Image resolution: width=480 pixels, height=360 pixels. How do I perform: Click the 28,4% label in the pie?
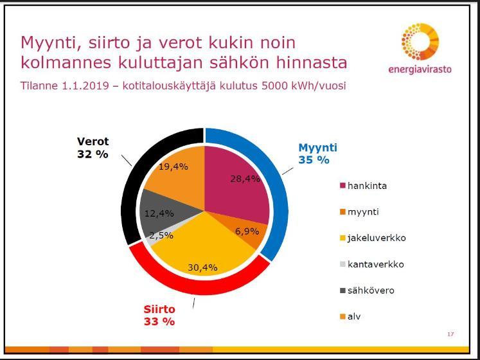pyautogui.click(x=245, y=179)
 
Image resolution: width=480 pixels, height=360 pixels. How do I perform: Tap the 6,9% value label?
pyautogui.click(x=247, y=231)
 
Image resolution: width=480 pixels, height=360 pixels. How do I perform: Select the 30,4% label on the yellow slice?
pyautogui.click(x=202, y=267)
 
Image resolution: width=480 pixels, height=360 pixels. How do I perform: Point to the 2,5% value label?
pyautogui.click(x=161, y=235)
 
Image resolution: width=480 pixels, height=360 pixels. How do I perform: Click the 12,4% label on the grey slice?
pyautogui.click(x=159, y=213)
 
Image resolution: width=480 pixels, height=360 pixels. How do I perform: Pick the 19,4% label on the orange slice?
pyautogui.click(x=173, y=166)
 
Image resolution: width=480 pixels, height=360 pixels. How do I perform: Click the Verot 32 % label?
pyautogui.click(x=93, y=148)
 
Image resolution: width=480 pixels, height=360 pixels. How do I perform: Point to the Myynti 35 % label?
pyautogui.click(x=318, y=154)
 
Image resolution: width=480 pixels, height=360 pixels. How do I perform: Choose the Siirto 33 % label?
pyautogui.click(x=159, y=316)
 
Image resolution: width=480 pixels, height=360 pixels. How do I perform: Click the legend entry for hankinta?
pyautogui.click(x=363, y=186)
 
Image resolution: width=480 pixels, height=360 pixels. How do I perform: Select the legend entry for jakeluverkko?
pyautogui.click(x=373, y=238)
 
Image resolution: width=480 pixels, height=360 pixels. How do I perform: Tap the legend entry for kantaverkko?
pyautogui.click(x=372, y=264)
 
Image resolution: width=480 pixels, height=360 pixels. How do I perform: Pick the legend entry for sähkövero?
pyautogui.click(x=367, y=291)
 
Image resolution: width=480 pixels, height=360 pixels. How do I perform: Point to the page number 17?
pyautogui.click(x=450, y=334)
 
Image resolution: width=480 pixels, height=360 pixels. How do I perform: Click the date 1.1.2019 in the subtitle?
pyautogui.click(x=85, y=85)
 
